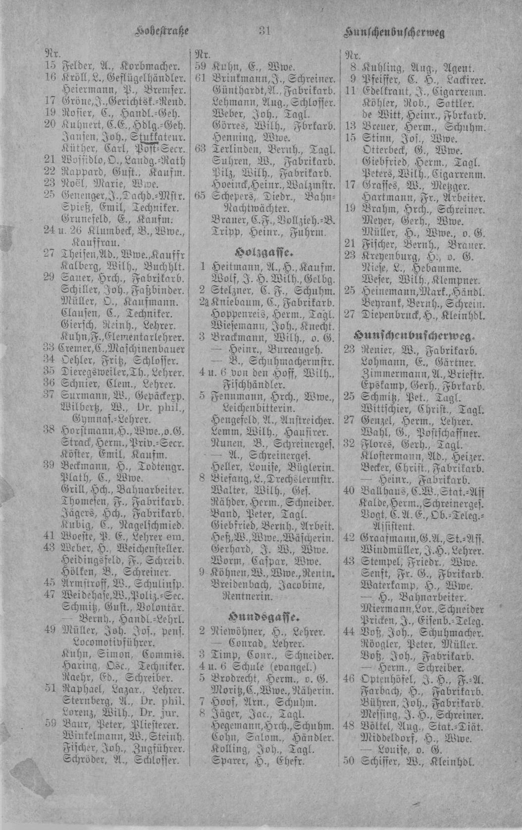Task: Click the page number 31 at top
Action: click(x=263, y=32)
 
